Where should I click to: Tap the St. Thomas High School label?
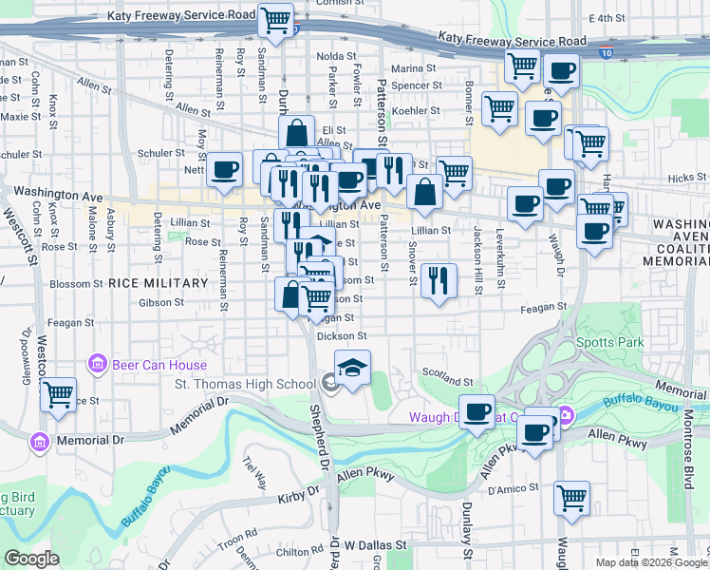click(x=244, y=384)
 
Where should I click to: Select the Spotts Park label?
click(x=609, y=342)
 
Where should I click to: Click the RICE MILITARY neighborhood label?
click(x=158, y=283)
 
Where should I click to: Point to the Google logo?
click(x=31, y=559)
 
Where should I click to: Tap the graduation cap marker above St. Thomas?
click(x=352, y=369)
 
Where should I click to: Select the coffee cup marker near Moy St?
click(x=225, y=170)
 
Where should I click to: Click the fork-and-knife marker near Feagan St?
click(x=438, y=280)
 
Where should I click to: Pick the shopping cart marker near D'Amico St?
click(x=571, y=497)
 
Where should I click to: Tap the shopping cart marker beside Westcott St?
click(x=59, y=394)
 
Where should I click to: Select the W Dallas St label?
click(x=375, y=546)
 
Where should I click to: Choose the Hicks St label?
click(x=681, y=178)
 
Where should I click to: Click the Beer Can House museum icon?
click(x=96, y=362)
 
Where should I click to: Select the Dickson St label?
click(x=343, y=335)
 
